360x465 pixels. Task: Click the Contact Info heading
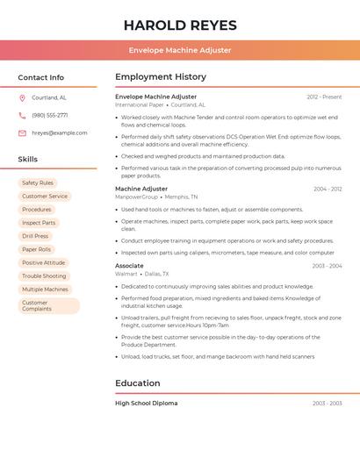click(40, 77)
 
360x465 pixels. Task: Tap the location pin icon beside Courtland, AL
click(22, 98)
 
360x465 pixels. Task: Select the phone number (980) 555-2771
click(49, 116)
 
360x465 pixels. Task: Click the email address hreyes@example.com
click(59, 133)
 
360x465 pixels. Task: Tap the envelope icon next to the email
click(22, 133)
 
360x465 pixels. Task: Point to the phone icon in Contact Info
click(22, 116)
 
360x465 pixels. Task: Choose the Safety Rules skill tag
click(38, 183)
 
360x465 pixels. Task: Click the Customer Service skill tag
click(45, 197)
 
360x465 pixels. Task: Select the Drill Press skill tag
click(35, 236)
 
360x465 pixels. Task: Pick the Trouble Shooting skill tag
click(44, 276)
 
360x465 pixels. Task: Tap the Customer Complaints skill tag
click(37, 305)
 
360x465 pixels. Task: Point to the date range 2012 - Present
click(324, 97)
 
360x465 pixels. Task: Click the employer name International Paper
click(140, 104)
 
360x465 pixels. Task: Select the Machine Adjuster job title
click(141, 189)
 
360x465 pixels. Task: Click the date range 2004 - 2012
click(328, 189)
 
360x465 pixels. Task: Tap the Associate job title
click(129, 265)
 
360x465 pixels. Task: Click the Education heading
click(137, 383)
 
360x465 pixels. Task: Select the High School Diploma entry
click(146, 403)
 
